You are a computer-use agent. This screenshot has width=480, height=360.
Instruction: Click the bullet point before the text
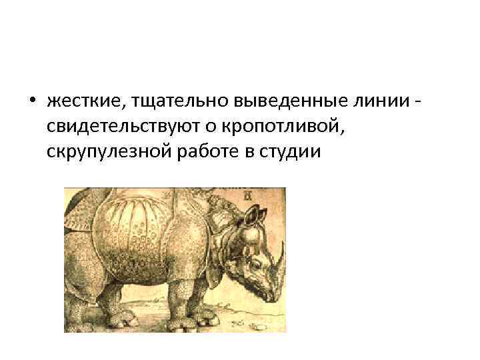click(31, 101)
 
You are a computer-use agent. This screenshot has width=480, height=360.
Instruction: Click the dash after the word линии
click(417, 102)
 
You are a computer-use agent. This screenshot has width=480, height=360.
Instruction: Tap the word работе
click(201, 152)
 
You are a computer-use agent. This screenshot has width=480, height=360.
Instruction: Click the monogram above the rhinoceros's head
click(248, 195)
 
